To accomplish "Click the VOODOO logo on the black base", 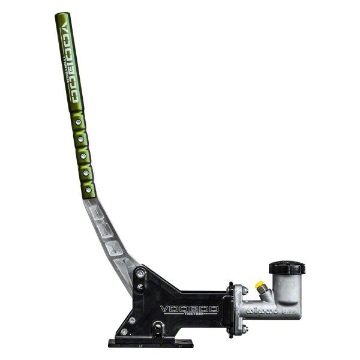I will [188, 309].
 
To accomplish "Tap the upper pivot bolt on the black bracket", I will [139, 274].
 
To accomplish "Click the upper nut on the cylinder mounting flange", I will [244, 290].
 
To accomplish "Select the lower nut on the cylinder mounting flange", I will [244, 327].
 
